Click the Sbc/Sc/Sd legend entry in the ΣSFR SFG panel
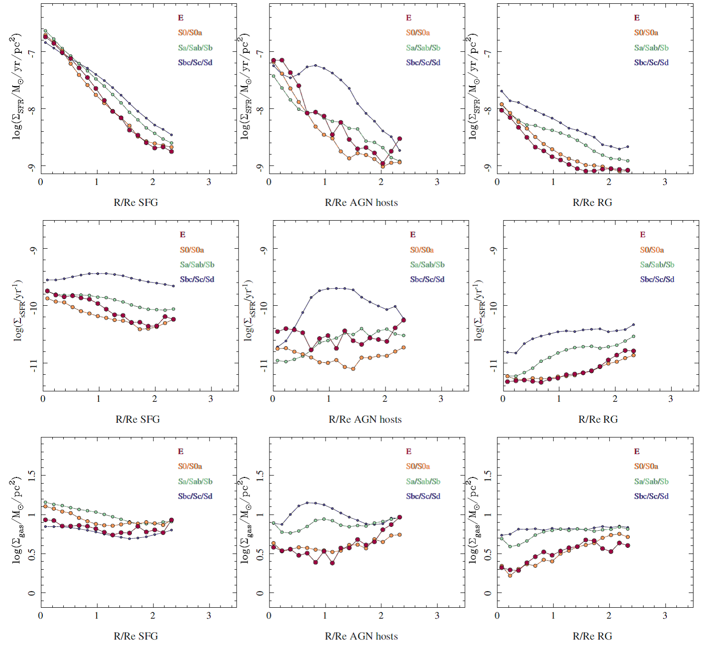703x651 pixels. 195,62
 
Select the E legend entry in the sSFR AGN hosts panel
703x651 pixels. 413,234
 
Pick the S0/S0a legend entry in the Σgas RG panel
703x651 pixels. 646,466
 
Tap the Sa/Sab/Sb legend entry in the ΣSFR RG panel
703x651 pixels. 651,48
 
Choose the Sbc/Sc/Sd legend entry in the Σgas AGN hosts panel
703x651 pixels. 423,496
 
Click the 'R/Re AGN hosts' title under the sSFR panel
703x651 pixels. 365,419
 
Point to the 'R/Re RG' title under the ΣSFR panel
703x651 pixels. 592,202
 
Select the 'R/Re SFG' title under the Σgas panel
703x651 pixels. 136,636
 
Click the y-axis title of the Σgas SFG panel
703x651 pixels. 17,521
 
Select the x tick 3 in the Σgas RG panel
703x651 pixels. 665,615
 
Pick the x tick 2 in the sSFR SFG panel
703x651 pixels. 154,398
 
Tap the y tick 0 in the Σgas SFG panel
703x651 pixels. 32,593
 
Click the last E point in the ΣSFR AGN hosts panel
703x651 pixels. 400,139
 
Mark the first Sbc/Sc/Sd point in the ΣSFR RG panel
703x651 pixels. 501,91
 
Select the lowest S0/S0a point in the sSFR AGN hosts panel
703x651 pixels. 353,369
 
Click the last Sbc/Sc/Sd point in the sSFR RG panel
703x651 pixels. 633,325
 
